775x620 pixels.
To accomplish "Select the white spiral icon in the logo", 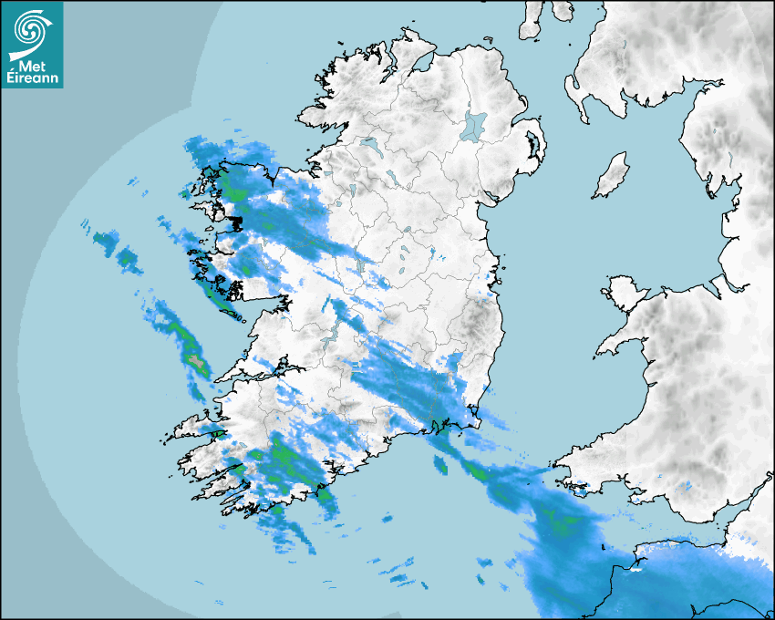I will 31,32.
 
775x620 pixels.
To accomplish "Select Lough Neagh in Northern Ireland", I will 474,125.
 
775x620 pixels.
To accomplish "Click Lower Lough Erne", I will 369,143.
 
